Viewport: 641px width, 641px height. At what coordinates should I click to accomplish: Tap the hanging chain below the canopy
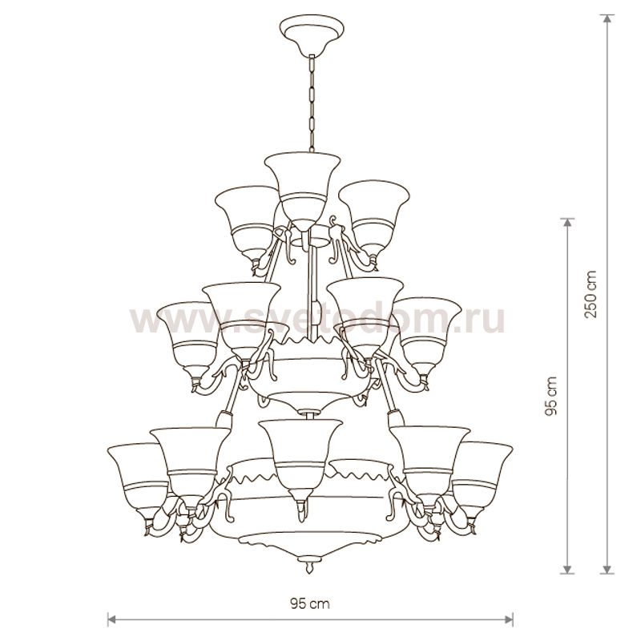[x=312, y=104]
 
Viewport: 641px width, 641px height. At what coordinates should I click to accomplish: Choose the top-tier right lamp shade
[x=374, y=219]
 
